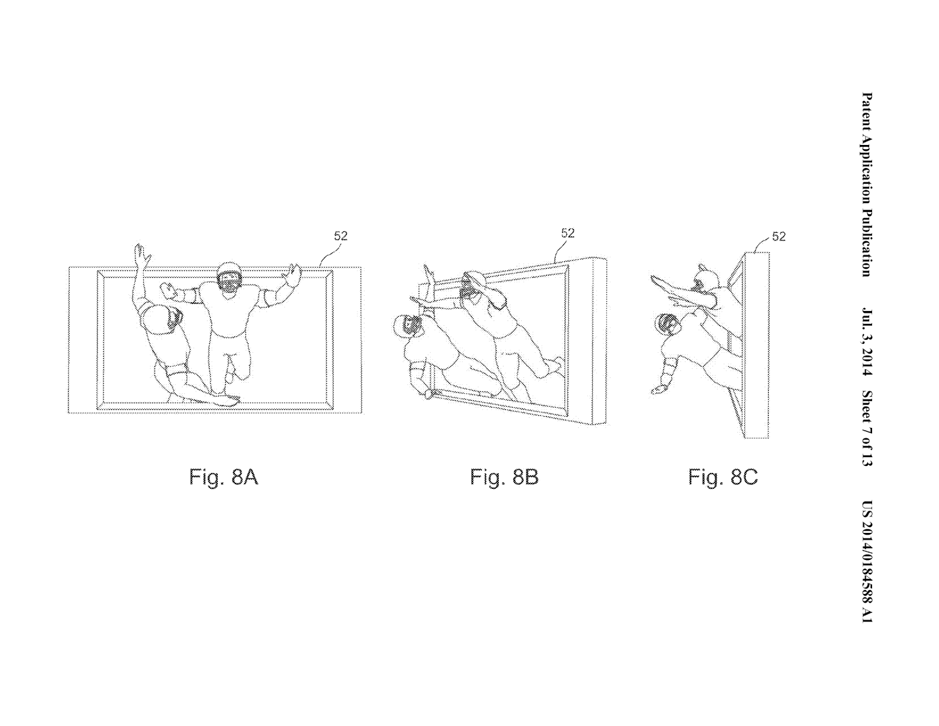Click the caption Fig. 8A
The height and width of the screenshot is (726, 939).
coord(223,477)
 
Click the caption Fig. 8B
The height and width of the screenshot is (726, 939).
coord(504,477)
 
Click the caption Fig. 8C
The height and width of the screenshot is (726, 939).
coord(723,477)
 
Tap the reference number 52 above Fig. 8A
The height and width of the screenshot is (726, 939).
coord(340,236)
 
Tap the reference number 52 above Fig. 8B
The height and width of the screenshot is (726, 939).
coord(568,233)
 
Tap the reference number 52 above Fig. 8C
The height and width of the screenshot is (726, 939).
coord(778,237)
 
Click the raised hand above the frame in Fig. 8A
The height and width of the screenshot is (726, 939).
coord(140,254)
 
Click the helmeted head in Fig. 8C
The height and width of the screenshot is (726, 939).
coord(667,323)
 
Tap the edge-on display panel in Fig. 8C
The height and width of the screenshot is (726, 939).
coord(756,344)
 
